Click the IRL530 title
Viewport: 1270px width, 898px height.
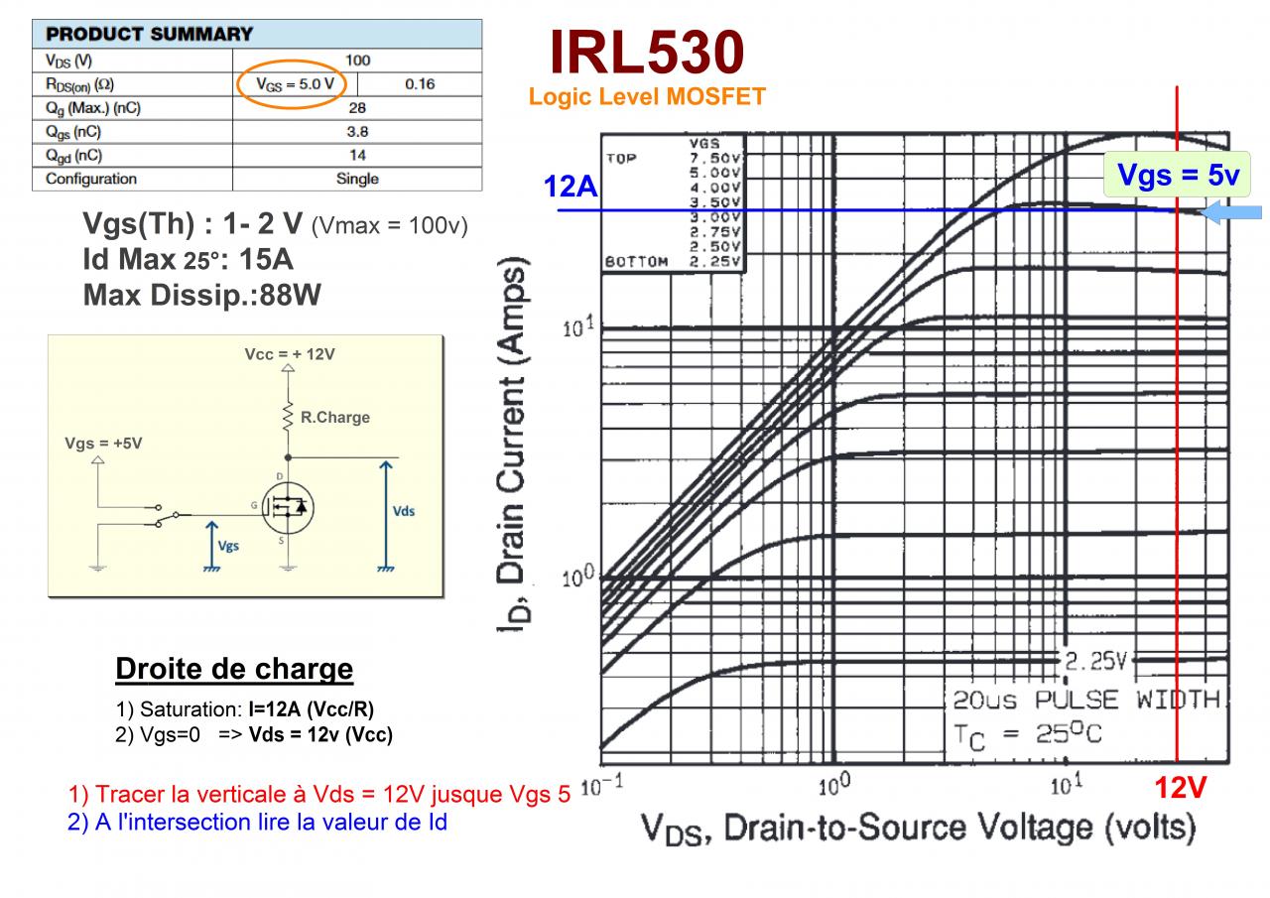coord(646,53)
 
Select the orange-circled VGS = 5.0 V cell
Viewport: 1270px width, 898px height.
coord(294,84)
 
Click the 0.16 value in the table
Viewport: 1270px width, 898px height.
coord(420,84)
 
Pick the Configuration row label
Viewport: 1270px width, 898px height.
coord(91,179)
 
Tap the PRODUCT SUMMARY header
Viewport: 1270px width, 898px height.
coord(150,34)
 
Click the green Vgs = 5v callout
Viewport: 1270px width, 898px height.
coord(1177,176)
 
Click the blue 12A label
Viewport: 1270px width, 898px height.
coord(571,186)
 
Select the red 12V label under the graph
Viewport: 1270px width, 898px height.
coord(1180,789)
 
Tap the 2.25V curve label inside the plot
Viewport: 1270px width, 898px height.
coord(1097,661)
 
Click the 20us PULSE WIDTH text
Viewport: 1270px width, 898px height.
coord(1085,701)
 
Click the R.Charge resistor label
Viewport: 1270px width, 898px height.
coord(334,418)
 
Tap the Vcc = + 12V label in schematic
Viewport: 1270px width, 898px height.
coord(290,354)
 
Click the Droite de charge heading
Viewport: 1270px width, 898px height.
coord(234,669)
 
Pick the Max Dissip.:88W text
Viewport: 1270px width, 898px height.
coord(203,295)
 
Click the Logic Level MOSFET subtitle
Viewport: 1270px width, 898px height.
coord(647,97)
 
